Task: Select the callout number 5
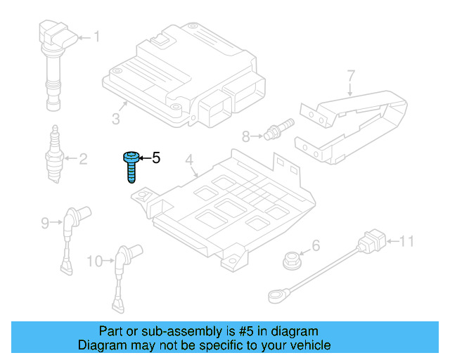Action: (x=157, y=158)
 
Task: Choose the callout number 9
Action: (x=45, y=223)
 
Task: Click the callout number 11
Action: (x=407, y=243)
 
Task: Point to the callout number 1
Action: (x=96, y=36)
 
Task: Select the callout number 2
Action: (x=83, y=159)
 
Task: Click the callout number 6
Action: (x=315, y=245)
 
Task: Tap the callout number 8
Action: (x=245, y=135)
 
